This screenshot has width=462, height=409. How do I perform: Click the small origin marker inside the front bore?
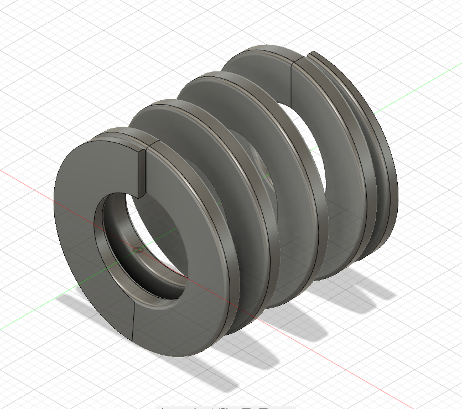click(x=138, y=250)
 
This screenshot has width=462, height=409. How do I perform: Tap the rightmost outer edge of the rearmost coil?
click(x=394, y=183)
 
